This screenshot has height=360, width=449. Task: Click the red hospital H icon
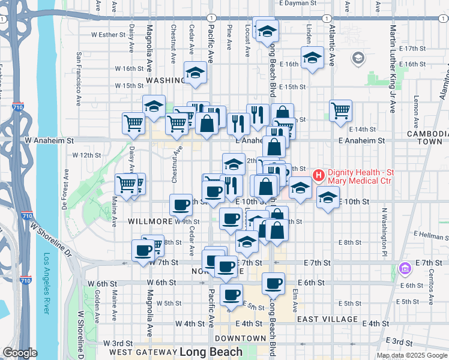[318, 175]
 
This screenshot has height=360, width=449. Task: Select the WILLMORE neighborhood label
[151, 221]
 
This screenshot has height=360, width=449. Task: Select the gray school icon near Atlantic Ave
[358, 58]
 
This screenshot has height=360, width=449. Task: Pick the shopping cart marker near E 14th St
[340, 110]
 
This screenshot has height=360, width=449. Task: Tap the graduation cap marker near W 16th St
[195, 73]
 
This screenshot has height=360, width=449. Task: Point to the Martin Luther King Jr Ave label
[393, 68]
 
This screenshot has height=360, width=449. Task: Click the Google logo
[20, 353]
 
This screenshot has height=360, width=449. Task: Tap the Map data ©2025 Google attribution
[412, 355]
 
